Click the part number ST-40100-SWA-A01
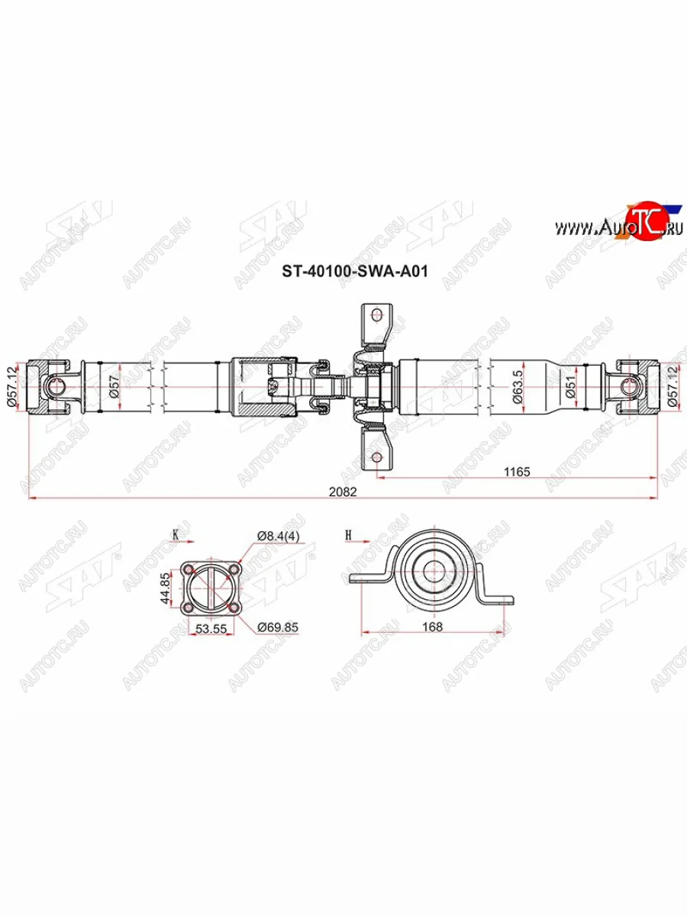[x=355, y=272]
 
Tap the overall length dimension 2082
[x=343, y=492]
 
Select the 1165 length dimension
[x=517, y=472]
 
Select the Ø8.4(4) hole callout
[x=278, y=537]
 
